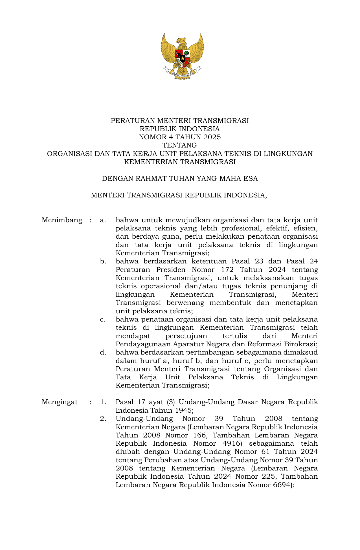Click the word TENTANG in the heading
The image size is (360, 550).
click(180, 145)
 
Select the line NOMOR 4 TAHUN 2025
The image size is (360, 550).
click(180, 137)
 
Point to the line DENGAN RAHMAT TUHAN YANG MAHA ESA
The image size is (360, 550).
click(180, 179)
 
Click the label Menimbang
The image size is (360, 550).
click(62, 220)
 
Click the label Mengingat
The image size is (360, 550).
click(60, 402)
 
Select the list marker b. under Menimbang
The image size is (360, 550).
click(103, 261)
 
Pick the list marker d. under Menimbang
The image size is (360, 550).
click(103, 353)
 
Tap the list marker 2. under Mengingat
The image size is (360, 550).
click(103, 419)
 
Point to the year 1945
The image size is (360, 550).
click(183, 410)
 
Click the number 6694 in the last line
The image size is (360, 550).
click(282, 485)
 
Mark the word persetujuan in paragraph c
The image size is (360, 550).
click(186, 336)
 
